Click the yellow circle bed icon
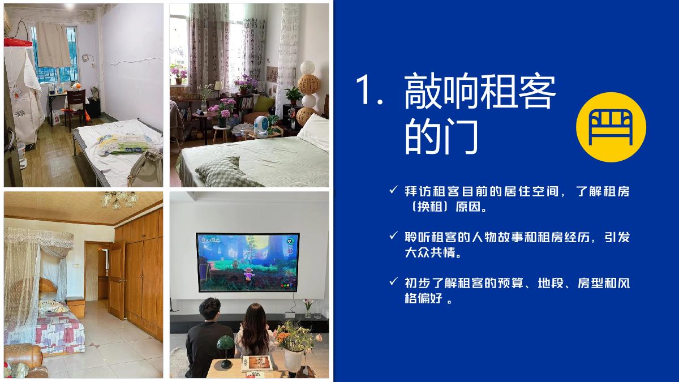coord(611,127)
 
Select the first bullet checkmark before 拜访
coord(393,190)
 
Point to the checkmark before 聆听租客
coord(393,235)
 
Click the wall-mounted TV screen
coord(247,262)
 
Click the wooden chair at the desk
coord(73,108)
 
